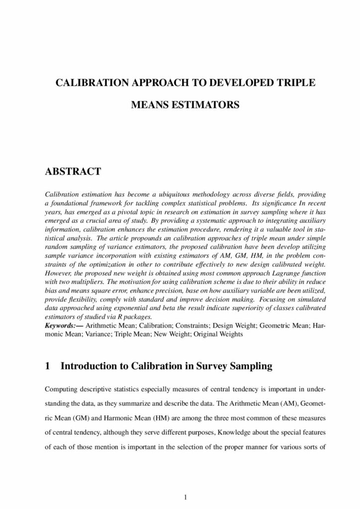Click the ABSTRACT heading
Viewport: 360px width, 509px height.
73,171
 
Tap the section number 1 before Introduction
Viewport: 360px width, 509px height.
48,366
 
